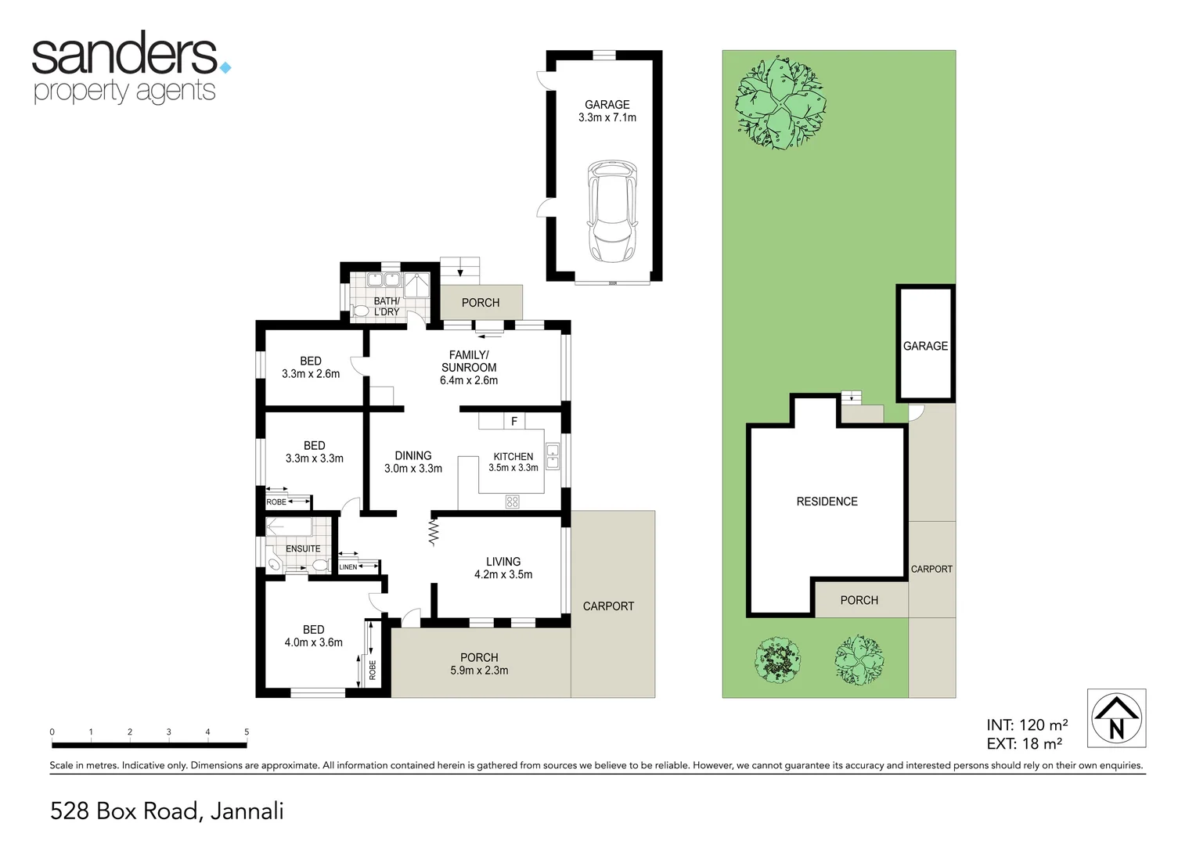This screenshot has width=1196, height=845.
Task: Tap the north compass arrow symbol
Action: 1116,718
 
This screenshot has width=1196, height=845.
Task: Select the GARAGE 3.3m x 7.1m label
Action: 607,111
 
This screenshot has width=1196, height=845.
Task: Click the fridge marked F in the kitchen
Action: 514,422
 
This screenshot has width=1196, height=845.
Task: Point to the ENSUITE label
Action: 303,548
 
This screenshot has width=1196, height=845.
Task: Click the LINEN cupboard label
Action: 348,567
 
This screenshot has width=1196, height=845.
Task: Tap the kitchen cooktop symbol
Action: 513,502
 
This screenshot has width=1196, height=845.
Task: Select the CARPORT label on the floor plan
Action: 608,606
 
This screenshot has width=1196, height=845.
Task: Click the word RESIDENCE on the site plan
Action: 827,502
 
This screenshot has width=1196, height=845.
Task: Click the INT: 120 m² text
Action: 1027,725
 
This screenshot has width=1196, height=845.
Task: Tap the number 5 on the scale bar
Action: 247,732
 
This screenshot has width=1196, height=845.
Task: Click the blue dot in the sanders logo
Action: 225,68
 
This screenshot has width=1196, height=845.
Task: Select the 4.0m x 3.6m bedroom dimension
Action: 313,642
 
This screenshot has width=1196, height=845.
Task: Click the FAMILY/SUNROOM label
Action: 469,361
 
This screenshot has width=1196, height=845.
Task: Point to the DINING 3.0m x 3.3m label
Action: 412,462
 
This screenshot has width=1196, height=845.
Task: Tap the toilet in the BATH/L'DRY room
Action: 361,311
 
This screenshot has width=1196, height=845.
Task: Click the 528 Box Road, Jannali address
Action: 167,811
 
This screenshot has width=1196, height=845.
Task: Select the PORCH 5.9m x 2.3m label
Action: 479,663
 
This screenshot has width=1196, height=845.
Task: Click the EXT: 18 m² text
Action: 1024,744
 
